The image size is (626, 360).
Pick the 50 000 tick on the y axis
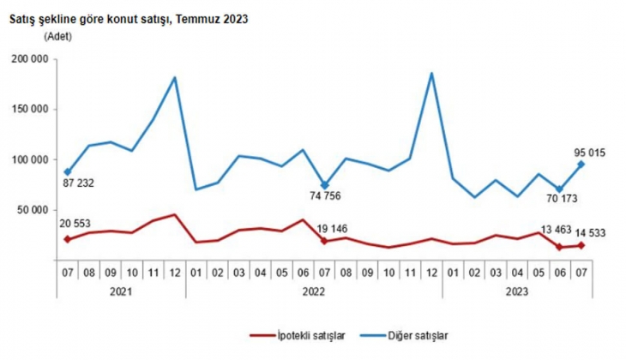pyautogui.click(x=33, y=209)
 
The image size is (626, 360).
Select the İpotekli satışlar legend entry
pyautogui.click(x=292, y=336)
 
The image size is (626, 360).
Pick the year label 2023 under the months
pyautogui.click(x=517, y=292)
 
